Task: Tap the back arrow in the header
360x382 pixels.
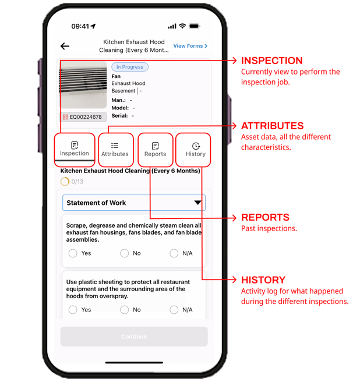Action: click(65, 46)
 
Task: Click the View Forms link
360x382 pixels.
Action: click(190, 46)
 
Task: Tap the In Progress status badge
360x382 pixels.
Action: click(130, 67)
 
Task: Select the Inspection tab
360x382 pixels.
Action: click(75, 149)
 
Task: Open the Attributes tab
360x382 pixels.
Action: click(115, 149)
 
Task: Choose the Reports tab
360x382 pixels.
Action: click(156, 149)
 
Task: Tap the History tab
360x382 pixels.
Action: click(196, 149)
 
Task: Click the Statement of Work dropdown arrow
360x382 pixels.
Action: click(197, 203)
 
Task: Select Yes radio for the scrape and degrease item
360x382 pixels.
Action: click(73, 253)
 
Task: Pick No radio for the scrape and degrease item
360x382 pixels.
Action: click(124, 253)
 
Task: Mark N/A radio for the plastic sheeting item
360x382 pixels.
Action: click(174, 310)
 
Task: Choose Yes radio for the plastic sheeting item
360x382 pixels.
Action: click(73, 310)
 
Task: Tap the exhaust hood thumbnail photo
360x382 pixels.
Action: click(83, 85)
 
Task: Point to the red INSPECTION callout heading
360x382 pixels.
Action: click(272, 61)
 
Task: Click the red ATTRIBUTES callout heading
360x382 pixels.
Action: click(272, 126)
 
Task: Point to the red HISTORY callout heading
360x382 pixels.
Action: click(263, 280)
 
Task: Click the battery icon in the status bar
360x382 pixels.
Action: click(195, 26)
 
